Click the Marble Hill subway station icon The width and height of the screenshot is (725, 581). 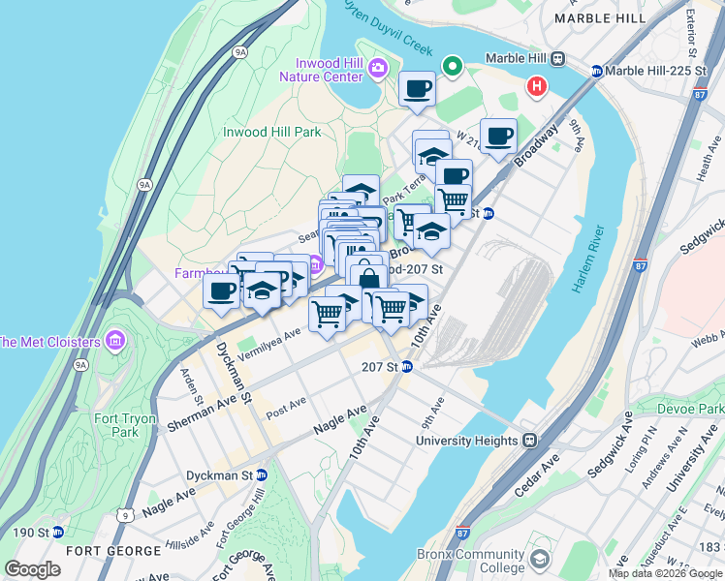tap(558, 58)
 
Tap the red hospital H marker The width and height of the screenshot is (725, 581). tap(535, 87)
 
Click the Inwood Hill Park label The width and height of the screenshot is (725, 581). tap(271, 132)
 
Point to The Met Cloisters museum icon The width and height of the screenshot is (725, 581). tap(115, 341)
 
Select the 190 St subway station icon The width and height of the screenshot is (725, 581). tap(57, 532)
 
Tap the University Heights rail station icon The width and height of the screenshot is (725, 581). tap(530, 441)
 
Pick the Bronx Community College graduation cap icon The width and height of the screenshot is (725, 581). tap(539, 560)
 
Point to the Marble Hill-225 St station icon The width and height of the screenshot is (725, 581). tap(597, 71)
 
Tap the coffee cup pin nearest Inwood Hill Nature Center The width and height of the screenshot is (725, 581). tap(418, 89)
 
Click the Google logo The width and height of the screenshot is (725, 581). tap(33, 568)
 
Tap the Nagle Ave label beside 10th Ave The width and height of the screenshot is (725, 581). tap(340, 419)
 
